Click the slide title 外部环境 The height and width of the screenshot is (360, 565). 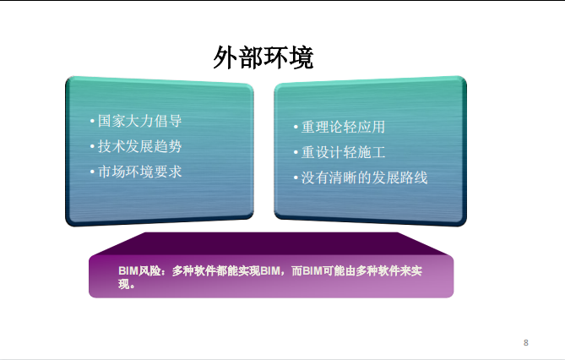point(263,57)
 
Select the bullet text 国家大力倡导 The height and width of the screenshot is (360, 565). point(140,121)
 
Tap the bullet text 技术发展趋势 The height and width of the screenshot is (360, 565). point(140,146)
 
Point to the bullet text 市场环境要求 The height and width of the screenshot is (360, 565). point(140,172)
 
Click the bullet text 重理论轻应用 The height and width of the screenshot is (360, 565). point(343,127)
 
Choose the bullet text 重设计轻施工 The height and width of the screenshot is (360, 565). point(343,152)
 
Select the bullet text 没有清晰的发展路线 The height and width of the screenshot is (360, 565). point(364,177)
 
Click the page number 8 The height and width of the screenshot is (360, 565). point(525,343)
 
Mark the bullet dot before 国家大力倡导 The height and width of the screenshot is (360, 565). point(92,121)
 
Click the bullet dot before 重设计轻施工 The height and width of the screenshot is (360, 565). point(296,153)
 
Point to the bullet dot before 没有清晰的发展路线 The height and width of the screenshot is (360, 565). point(296,177)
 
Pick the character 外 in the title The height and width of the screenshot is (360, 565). point(225,57)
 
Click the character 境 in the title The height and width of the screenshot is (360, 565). point(302,57)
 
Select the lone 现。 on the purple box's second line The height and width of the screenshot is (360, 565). point(127,284)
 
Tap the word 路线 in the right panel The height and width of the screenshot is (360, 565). point(414,177)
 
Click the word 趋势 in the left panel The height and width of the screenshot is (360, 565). point(168,146)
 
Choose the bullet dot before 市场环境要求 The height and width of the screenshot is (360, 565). point(92,172)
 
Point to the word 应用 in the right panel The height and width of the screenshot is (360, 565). point(371,127)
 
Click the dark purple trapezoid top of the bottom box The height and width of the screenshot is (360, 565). point(271,243)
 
